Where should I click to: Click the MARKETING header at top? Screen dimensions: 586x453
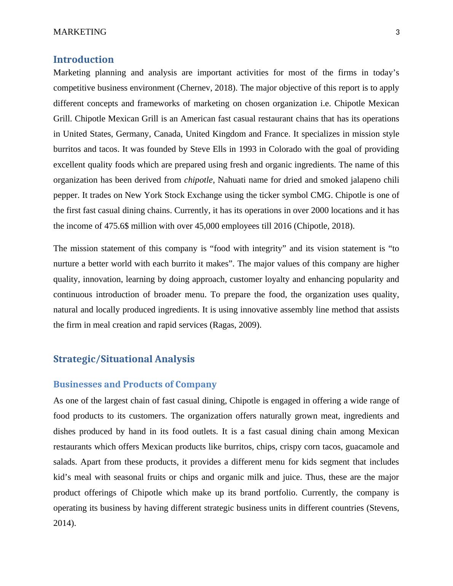click(x=80, y=32)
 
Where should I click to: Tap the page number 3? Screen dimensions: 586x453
click(x=398, y=32)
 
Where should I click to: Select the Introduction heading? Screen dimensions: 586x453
click(x=83, y=59)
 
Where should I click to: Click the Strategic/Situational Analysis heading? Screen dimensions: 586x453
click(x=124, y=359)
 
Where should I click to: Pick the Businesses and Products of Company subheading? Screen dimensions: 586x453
click(x=135, y=384)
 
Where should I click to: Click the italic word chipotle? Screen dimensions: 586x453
click(x=198, y=180)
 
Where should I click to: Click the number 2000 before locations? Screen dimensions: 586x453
click(x=320, y=210)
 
